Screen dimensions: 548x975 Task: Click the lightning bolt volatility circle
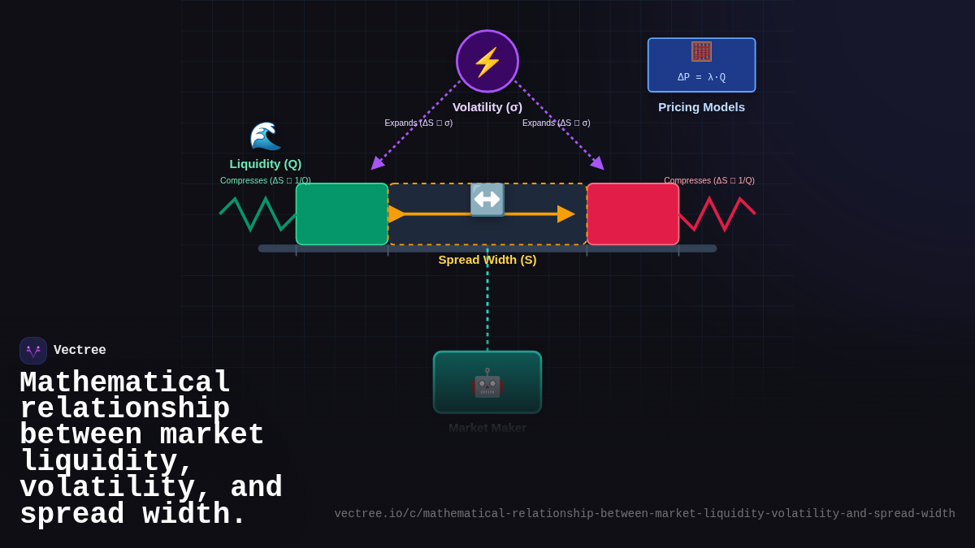coord(487,62)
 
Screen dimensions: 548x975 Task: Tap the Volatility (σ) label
coord(487,106)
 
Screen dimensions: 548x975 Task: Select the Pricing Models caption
coord(701,106)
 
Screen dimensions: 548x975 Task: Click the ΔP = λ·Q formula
coord(701,77)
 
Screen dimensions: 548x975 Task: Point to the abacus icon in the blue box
coord(701,52)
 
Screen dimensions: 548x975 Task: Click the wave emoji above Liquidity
coord(265,136)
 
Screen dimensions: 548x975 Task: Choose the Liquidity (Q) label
coord(265,163)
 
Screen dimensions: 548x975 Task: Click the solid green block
coord(342,214)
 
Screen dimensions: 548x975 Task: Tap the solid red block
coord(633,214)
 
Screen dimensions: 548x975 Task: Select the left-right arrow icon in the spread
coord(487,200)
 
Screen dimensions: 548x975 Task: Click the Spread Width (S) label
coord(487,260)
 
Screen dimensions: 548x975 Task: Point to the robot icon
coord(487,382)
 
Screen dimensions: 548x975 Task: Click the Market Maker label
coord(487,428)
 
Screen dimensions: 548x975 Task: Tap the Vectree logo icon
coord(33,351)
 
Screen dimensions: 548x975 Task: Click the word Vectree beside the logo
coord(80,351)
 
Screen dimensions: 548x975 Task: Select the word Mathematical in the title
coord(125,382)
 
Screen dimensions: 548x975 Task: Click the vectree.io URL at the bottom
coord(644,514)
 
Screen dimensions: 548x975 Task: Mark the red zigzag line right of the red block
coord(717,214)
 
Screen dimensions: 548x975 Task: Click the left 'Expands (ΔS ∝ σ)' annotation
coord(418,123)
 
